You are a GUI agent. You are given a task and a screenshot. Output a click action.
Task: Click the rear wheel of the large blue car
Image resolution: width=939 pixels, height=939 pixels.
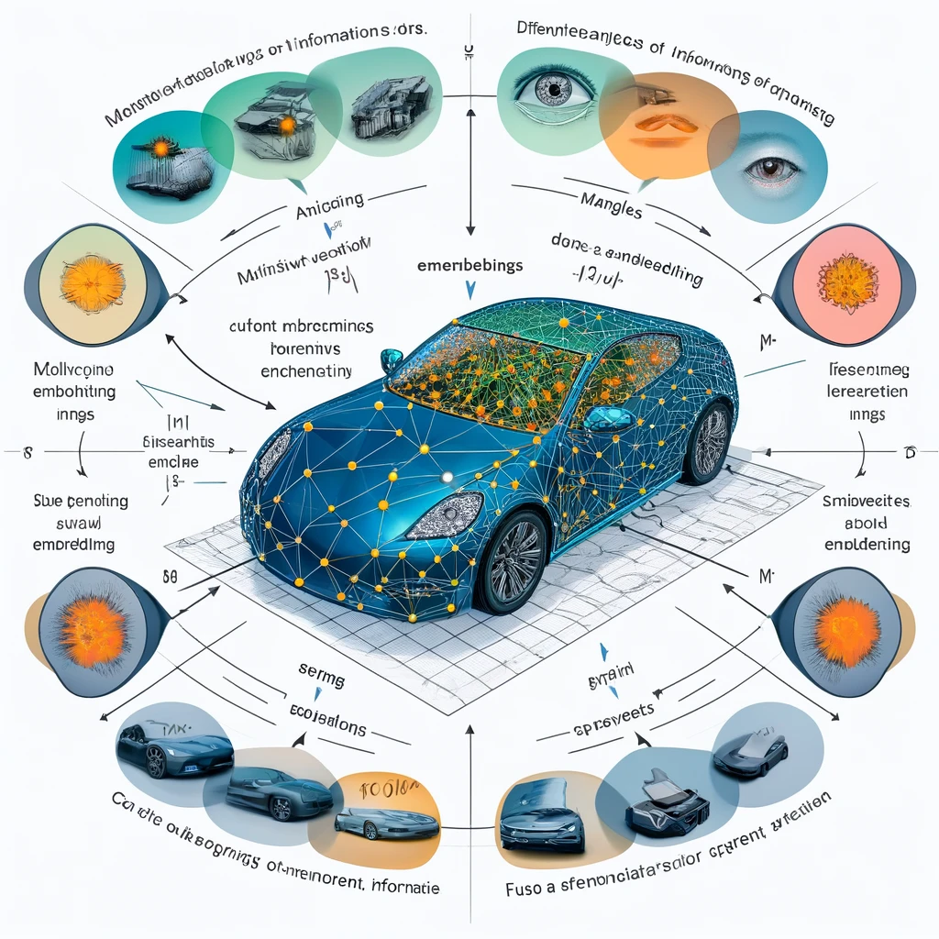coord(707,443)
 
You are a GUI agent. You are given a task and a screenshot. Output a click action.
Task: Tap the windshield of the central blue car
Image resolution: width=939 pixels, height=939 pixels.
coord(486,376)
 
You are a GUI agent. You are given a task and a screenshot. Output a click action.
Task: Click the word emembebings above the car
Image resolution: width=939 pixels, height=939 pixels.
coord(469,266)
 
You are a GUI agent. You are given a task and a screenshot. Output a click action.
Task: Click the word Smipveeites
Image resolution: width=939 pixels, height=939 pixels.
coord(866,503)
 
